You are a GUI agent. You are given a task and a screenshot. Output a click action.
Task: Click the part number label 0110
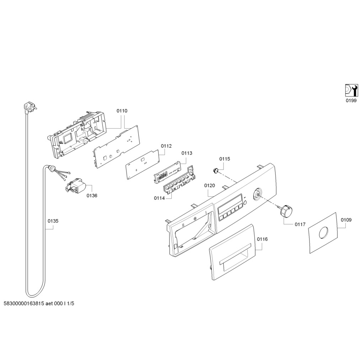pyautogui.click(x=122, y=111)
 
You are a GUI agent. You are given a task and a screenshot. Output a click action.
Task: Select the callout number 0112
pyautogui.click(x=166, y=146)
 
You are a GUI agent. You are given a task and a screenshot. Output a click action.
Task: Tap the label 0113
pyautogui.click(x=187, y=153)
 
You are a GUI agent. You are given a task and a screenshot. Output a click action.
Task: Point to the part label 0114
pyautogui.click(x=159, y=198)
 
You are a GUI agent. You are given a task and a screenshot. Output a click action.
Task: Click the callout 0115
pyautogui.click(x=224, y=159)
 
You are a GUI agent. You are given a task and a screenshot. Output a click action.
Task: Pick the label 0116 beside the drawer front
pyautogui.click(x=262, y=239)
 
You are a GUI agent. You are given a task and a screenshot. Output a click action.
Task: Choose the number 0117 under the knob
pyautogui.click(x=300, y=224)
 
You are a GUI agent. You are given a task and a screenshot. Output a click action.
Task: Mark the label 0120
pyautogui.click(x=209, y=186)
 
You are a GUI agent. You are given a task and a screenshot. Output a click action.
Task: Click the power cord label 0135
pyautogui.click(x=53, y=221)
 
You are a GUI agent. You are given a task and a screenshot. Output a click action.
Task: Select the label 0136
pyautogui.click(x=92, y=196)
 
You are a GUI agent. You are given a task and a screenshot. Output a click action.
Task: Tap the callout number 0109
pyautogui.click(x=346, y=220)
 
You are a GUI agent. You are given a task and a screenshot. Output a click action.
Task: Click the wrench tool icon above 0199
pyautogui.click(x=351, y=90)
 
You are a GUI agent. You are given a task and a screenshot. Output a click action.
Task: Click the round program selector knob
pyautogui.click(x=285, y=210)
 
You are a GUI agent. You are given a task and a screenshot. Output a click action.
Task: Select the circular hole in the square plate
pyautogui.click(x=324, y=233)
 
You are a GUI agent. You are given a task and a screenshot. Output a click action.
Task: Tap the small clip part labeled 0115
pyautogui.click(x=216, y=171)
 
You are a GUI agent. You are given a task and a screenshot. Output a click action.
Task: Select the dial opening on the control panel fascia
pyautogui.click(x=256, y=194)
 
